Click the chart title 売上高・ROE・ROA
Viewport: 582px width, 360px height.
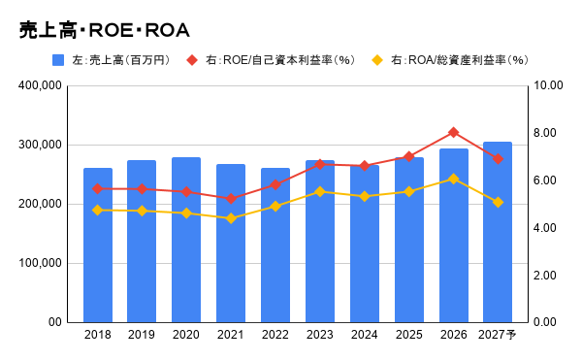105,30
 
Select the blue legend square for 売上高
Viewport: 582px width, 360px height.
58,60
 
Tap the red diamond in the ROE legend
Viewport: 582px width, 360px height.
192,60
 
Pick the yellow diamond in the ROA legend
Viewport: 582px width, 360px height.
377,60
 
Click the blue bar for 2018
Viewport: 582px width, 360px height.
98,245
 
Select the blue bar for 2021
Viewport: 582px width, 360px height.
231,244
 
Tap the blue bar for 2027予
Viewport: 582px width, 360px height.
498,232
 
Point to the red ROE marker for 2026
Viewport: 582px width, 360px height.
453,133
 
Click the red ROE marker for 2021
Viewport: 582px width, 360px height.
231,199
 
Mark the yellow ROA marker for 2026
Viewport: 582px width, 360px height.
453,179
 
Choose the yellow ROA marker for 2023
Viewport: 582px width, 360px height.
320,192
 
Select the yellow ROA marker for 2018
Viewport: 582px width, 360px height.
98,211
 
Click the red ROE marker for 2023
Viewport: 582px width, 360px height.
320,165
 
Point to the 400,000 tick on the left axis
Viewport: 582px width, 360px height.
40,85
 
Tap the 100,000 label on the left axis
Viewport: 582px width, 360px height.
40,263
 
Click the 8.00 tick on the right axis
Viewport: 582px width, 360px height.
544,133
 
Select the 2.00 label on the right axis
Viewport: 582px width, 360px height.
544,275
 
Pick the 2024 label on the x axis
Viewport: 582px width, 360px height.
364,335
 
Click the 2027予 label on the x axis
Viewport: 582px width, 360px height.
497,335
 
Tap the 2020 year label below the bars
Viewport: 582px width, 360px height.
186,335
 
